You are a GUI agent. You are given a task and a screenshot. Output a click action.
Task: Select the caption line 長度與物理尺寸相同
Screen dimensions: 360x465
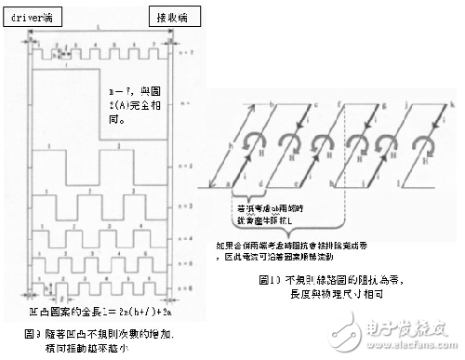(x=345, y=291)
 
